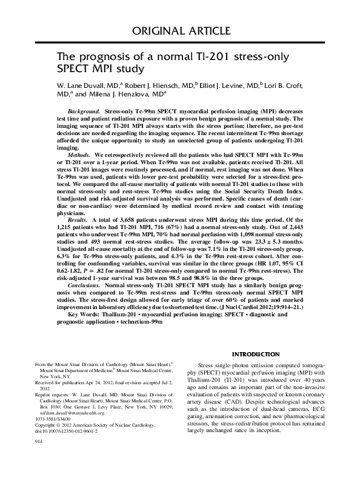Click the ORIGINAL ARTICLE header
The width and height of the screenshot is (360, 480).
179,31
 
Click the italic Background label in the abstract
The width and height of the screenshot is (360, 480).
84,113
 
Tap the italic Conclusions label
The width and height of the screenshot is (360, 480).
85,301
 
